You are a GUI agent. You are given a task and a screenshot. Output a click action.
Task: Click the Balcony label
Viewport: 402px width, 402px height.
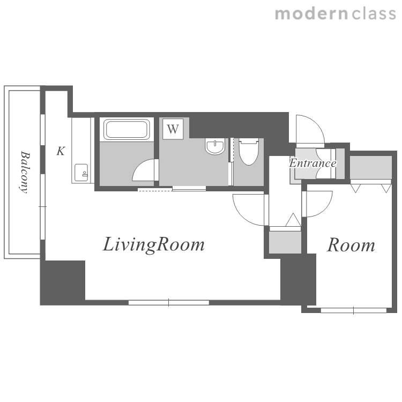pos(25,172)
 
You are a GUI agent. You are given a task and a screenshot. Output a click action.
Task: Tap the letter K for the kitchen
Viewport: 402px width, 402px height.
pos(61,151)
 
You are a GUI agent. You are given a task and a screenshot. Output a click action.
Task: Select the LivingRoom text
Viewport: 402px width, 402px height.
pos(154,244)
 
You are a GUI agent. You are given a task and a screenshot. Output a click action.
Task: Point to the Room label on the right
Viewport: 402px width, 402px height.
pos(351,245)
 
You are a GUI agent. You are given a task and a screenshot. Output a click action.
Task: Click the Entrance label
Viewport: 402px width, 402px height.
pos(312,163)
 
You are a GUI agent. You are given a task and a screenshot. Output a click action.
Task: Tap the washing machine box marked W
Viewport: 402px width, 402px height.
pos(173,129)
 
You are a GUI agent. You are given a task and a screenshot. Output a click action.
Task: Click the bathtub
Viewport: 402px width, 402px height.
pos(126,129)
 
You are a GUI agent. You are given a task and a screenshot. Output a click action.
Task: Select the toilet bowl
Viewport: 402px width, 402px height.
pos(248,152)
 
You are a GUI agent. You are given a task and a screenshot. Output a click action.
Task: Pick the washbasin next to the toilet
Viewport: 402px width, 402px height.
pos(215,146)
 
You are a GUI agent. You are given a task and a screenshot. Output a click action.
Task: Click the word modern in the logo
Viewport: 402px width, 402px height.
pos(311,13)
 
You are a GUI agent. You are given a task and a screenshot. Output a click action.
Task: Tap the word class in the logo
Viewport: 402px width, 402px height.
pos(374,13)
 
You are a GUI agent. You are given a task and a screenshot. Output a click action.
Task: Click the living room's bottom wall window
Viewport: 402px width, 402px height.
pos(169,303)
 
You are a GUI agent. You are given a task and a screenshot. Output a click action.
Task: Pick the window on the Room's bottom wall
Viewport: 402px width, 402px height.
pos(354,310)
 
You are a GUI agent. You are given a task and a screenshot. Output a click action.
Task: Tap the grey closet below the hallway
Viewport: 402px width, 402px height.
pos(285,242)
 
